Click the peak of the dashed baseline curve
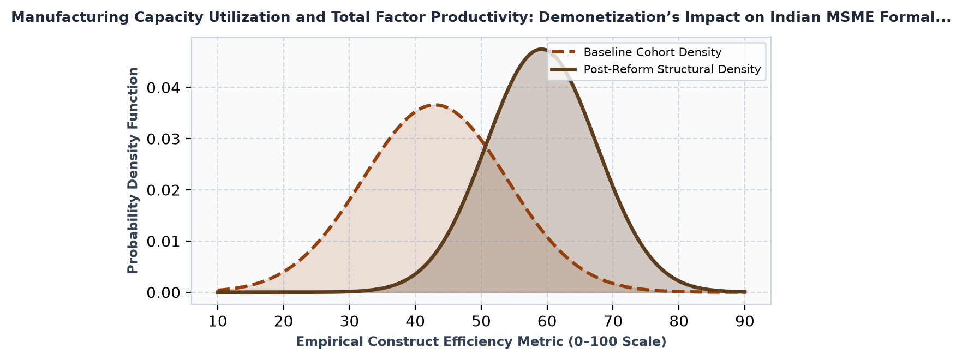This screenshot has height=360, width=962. [x=434, y=105]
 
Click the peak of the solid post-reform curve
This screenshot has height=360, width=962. [x=540, y=49]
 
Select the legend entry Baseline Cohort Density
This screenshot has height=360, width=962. [x=652, y=52]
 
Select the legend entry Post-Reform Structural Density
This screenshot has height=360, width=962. [x=672, y=69]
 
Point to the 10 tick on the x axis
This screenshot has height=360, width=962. [x=218, y=322]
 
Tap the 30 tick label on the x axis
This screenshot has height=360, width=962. [x=349, y=322]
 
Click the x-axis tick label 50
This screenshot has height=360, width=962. [x=481, y=322]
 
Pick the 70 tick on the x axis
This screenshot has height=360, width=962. [x=613, y=322]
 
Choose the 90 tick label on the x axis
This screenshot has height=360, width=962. [x=745, y=322]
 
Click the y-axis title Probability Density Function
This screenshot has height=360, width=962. [x=133, y=170]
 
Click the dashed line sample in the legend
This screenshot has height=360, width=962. [x=565, y=52]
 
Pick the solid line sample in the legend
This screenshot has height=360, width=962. [x=565, y=69]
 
